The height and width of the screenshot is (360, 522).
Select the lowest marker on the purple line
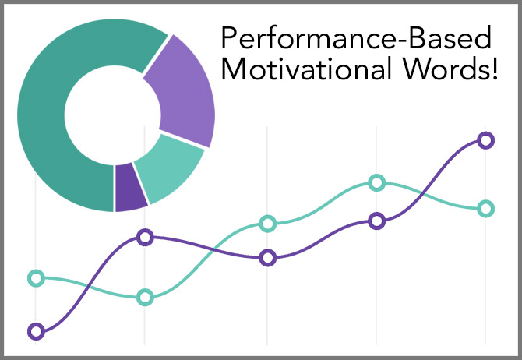coord(36,331)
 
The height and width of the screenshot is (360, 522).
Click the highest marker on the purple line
coord(485,140)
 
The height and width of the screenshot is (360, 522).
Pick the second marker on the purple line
coord(145,238)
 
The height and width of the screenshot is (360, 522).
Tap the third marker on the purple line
coord(268,258)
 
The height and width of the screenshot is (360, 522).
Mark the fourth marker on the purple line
coord(376,221)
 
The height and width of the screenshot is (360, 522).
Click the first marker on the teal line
coord(36,278)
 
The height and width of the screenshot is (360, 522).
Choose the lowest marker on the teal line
coord(145,297)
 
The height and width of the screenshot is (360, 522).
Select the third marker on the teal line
coord(268,224)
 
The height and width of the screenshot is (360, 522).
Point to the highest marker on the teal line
coord(376,182)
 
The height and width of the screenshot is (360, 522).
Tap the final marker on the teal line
coord(485,209)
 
